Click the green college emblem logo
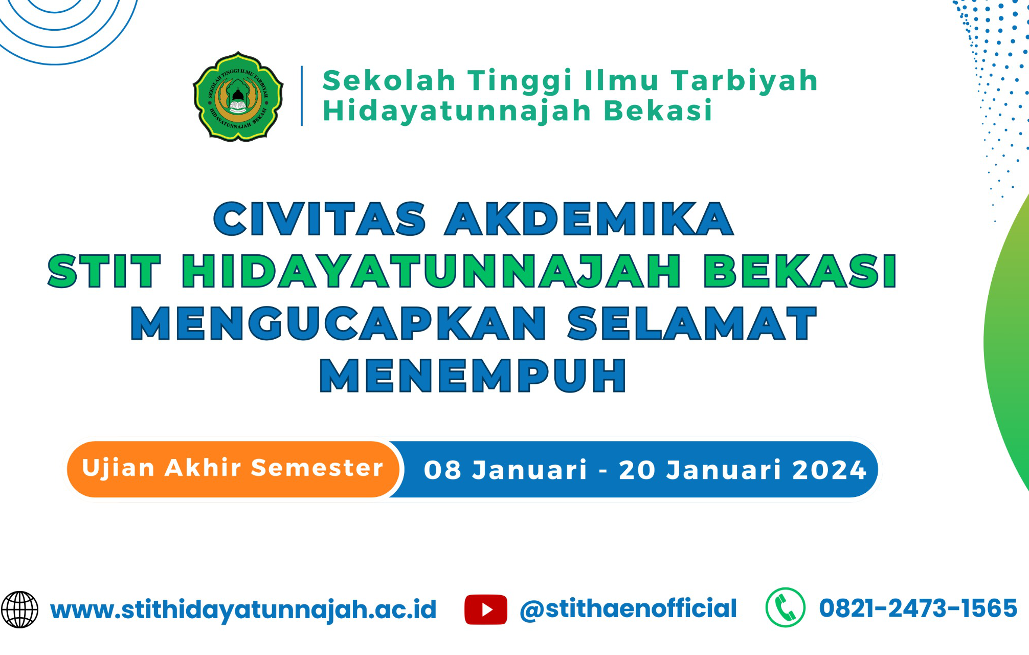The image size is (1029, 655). click(238, 96)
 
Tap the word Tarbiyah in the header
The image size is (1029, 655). click(745, 81)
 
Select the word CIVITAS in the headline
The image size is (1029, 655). click(320, 219)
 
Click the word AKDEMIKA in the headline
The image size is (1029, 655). click(589, 219)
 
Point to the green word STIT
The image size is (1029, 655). click(104, 271)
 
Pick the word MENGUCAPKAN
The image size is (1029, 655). click(339, 323)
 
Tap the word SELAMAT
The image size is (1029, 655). click(692, 323)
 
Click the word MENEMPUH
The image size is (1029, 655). click(473, 376)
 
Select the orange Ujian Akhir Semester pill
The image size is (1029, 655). click(233, 469)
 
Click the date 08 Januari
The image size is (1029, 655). click(505, 470)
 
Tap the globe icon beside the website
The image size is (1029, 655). click(19, 609)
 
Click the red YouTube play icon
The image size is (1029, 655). click(486, 609)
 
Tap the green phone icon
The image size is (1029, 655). click(786, 607)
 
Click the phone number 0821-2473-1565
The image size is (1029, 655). click(918, 608)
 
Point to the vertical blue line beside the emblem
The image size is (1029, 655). click(302, 96)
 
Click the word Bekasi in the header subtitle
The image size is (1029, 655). click(658, 111)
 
